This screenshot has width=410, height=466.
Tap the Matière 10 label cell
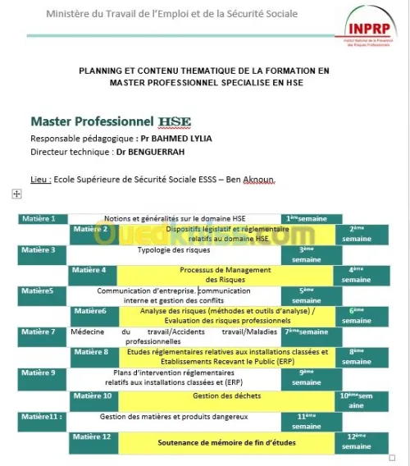click(x=93, y=395)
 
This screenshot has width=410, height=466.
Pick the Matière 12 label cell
click(x=93, y=436)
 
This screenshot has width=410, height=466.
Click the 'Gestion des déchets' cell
click(x=225, y=396)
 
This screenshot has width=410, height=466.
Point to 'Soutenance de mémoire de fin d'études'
click(x=226, y=442)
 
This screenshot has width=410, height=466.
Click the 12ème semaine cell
click(x=357, y=441)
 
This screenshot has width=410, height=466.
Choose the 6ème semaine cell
click(x=357, y=316)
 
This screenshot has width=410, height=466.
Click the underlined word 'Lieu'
click(x=40, y=178)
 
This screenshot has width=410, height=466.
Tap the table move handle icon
click(x=16, y=194)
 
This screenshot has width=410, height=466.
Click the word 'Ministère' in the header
click(x=66, y=14)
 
